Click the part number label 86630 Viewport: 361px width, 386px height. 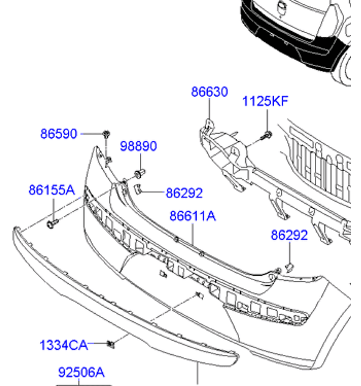coord(209,92)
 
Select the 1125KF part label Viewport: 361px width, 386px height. coord(265,101)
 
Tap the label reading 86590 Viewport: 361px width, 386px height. coord(59,134)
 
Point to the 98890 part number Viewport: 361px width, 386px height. coord(138,146)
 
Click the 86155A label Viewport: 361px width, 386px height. coord(52,190)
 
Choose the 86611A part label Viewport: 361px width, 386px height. coord(193,216)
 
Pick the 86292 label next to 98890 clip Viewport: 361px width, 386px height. coord(184,193)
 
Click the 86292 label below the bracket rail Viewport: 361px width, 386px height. coord(289,235)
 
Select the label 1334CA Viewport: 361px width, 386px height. coord(63,345)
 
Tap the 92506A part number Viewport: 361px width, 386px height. coord(82,372)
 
